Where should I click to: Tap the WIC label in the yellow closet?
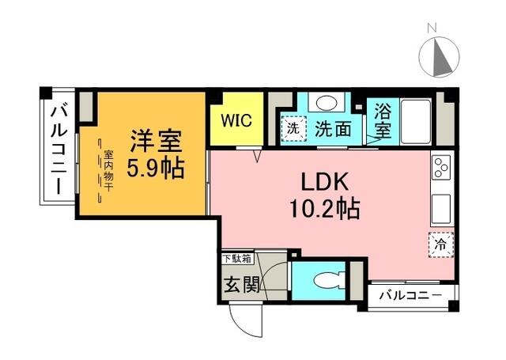pos(236,121)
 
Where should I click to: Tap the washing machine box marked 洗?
pos(293,127)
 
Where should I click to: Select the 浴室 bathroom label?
pos(382,119)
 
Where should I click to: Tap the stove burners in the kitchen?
pos(441,170)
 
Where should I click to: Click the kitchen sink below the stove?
pos(441,207)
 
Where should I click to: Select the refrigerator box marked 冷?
pos(441,244)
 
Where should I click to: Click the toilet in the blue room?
pos(325,281)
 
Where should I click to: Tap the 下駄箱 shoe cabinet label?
pos(236,258)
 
